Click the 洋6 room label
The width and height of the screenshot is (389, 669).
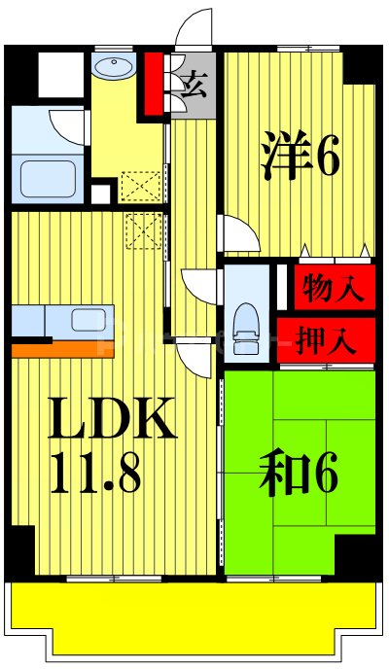(x=300, y=157)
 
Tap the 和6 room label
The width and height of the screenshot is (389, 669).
(x=298, y=475)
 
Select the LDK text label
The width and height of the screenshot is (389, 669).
(x=113, y=419)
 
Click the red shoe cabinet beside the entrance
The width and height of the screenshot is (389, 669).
(x=154, y=84)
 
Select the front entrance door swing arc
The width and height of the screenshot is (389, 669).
(x=194, y=27)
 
